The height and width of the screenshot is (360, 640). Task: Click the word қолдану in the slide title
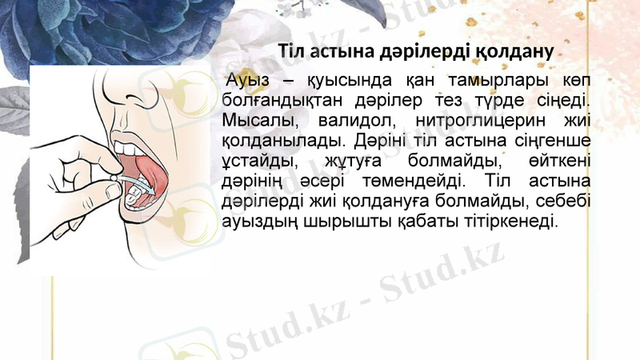tap(514, 52)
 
